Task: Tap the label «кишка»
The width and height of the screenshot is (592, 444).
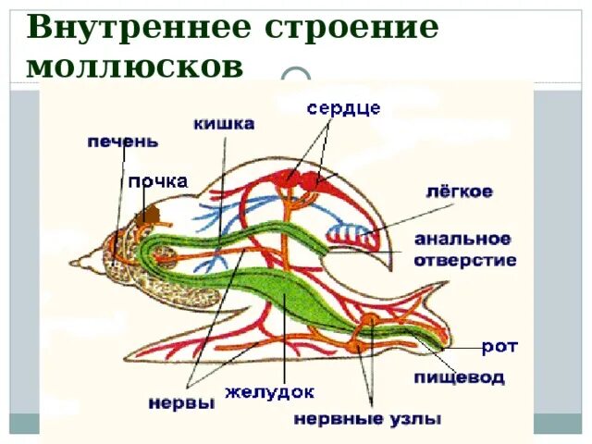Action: [x=224, y=122]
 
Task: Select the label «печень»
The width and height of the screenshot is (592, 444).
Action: [x=122, y=142]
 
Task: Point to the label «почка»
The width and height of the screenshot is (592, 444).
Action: [x=157, y=181]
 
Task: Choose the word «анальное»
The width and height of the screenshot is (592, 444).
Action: [x=462, y=239]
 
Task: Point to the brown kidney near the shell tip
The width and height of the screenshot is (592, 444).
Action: [x=152, y=218]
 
